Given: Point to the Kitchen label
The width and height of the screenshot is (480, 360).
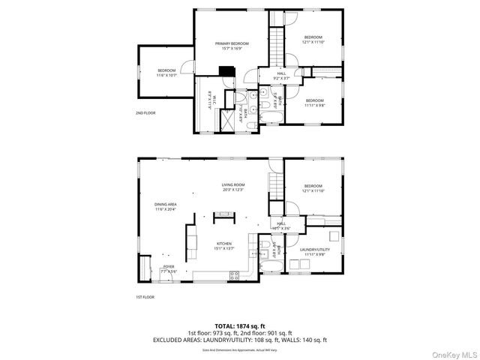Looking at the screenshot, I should pos(224,244).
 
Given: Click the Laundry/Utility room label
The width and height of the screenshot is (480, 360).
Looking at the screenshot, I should pos(313,250).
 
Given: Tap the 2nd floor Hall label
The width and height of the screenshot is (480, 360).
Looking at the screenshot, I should pos(281,73).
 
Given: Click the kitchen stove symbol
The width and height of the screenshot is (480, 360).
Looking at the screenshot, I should pos(235,275).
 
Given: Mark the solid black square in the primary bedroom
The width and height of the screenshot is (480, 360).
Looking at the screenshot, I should pos(223,72).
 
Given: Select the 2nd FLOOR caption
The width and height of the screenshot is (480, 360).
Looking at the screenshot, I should pos(145,113).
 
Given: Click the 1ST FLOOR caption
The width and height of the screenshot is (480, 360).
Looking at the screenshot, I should pos(145,298).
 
